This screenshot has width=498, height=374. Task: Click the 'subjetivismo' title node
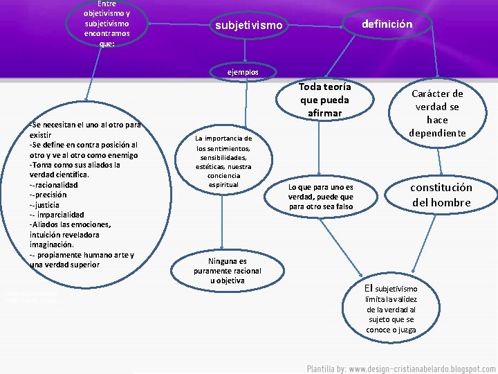(249, 26)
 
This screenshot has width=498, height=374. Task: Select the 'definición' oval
(387, 24)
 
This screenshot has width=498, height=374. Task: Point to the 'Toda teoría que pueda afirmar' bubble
(324, 100)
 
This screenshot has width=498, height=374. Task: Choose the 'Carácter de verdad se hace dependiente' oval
(437, 113)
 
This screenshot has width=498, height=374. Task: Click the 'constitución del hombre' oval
(441, 195)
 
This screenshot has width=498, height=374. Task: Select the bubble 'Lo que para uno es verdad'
(320, 197)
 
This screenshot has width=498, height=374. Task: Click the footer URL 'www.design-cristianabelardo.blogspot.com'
(422, 367)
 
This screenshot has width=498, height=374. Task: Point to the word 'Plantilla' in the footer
(322, 367)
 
